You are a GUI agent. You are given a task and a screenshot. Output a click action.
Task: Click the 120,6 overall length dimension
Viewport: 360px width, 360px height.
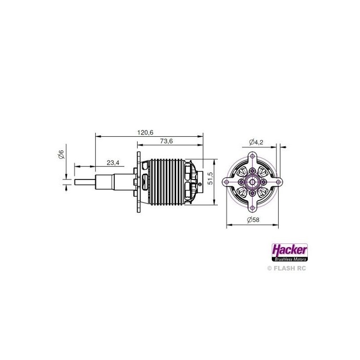tap(145, 132)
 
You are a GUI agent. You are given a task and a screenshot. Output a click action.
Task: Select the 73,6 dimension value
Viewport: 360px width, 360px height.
tap(166, 141)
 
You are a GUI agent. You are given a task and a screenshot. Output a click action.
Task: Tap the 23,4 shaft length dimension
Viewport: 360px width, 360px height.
tap(113, 163)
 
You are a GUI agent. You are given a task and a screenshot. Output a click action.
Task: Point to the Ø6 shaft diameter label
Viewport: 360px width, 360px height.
tap(61, 154)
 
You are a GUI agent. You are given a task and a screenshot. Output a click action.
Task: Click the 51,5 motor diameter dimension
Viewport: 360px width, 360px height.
tap(210, 178)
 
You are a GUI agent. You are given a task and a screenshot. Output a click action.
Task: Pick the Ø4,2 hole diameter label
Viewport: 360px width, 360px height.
tap(256, 142)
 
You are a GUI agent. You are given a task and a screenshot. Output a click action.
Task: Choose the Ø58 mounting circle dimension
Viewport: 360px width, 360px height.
tap(253, 220)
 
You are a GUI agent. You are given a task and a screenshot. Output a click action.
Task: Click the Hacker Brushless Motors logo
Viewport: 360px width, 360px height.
tap(289, 252)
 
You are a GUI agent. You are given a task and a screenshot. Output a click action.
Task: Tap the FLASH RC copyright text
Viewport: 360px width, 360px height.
tap(287, 268)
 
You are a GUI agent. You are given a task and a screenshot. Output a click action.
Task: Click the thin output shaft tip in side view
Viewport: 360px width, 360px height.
tap(84, 182)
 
